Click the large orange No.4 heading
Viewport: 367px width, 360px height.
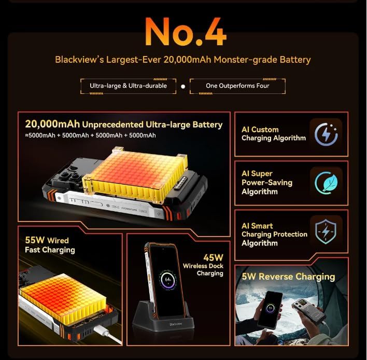[186, 32]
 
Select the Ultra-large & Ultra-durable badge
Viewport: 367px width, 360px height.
[128, 86]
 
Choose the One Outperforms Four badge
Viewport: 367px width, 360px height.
[237, 86]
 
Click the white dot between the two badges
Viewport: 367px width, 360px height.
[183, 87]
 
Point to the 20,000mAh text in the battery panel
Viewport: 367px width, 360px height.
[52, 124]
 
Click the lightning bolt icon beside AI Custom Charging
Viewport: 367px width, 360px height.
[326, 134]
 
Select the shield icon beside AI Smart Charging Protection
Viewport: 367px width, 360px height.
[326, 231]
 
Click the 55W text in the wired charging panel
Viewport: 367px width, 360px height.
[35, 240]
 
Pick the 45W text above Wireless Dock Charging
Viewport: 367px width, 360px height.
[213, 258]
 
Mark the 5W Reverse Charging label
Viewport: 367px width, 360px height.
[288, 276]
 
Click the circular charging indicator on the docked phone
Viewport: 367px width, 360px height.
[168, 280]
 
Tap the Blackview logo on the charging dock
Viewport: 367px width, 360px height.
[176, 324]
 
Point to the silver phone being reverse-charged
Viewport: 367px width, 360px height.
[309, 310]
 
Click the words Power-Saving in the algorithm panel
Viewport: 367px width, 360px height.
[267, 183]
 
